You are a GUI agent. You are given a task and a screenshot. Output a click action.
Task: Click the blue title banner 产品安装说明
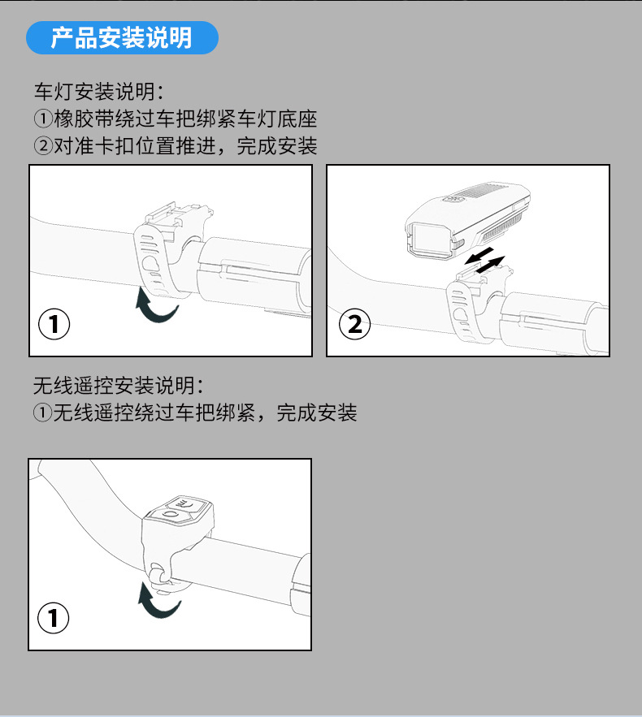click(122, 37)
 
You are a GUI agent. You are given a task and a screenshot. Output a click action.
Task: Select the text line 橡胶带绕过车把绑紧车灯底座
click(185, 119)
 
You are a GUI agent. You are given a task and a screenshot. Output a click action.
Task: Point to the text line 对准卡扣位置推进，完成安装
click(185, 146)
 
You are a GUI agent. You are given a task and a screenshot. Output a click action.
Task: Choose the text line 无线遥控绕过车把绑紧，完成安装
click(205, 412)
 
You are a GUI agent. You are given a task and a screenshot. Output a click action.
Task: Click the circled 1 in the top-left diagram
click(54, 324)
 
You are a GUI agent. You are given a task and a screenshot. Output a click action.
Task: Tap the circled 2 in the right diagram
click(354, 324)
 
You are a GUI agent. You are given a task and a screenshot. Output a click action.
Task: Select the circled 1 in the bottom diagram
click(53, 618)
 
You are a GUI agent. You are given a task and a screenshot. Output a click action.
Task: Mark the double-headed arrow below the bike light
click(484, 260)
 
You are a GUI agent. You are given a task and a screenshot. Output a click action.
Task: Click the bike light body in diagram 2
click(467, 220)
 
